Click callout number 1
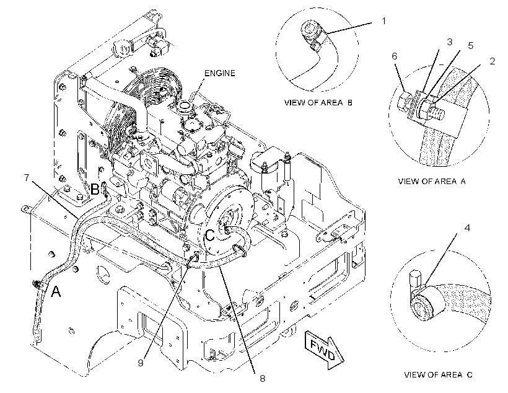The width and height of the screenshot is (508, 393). pyautogui.click(x=384, y=21)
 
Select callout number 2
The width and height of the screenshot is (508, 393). pyautogui.click(x=493, y=61)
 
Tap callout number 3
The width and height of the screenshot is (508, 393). pyautogui.click(x=449, y=42)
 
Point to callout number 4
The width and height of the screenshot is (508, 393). pyautogui.click(x=467, y=228)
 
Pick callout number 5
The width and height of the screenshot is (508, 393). pyautogui.click(x=470, y=45)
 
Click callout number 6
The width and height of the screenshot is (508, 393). pyautogui.click(x=394, y=56)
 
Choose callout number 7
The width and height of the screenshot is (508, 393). pyautogui.click(x=27, y=177)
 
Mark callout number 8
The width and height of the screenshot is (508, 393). pyautogui.click(x=263, y=378)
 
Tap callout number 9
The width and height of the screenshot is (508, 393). pyautogui.click(x=140, y=363)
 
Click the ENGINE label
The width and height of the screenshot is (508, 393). pyautogui.click(x=220, y=73)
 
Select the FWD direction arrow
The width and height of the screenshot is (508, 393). pyautogui.click(x=324, y=350)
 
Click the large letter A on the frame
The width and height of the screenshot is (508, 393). pyautogui.click(x=56, y=291)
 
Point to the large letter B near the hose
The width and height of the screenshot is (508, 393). pyautogui.click(x=94, y=189)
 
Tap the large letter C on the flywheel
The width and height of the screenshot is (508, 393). pyautogui.click(x=210, y=235)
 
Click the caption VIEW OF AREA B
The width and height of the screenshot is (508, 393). pyautogui.click(x=318, y=103)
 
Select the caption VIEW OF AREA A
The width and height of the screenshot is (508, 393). pyautogui.click(x=432, y=181)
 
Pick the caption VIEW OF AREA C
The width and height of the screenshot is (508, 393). pyautogui.click(x=438, y=375)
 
